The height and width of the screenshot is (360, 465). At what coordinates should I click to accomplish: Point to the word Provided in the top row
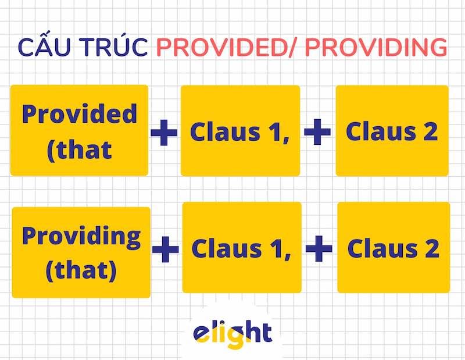(x=80, y=114)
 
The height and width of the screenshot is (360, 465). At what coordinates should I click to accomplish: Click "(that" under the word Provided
(x=80, y=149)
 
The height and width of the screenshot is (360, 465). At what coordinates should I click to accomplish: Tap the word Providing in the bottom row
(x=81, y=237)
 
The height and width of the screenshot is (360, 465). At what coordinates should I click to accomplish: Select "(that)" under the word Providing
(x=81, y=270)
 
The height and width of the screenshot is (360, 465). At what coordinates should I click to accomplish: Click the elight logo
(x=232, y=333)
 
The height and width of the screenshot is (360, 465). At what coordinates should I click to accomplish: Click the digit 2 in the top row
(x=430, y=132)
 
